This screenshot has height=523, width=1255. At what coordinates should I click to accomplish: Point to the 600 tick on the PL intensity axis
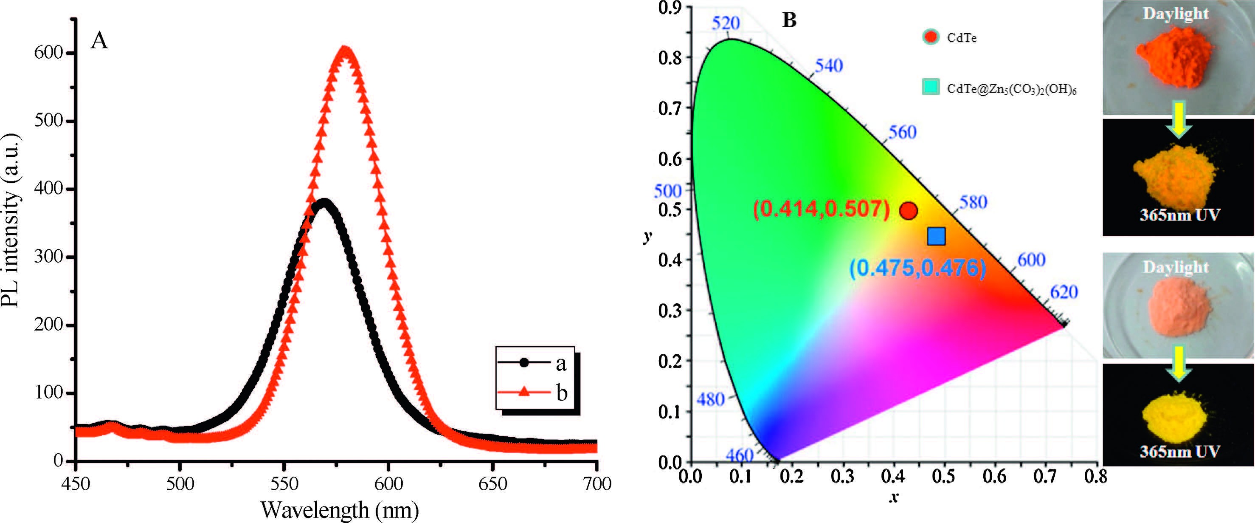49,53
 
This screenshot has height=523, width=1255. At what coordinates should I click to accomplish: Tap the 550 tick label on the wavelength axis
284,483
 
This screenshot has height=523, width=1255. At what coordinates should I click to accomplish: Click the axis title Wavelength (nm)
340,510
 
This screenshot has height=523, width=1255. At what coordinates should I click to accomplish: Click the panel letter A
99,40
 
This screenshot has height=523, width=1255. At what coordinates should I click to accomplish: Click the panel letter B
789,20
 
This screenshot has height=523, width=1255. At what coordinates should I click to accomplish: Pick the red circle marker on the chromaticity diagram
909,211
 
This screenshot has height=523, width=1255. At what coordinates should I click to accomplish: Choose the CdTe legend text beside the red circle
961,38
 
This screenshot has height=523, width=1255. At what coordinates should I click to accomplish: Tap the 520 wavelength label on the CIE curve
726,23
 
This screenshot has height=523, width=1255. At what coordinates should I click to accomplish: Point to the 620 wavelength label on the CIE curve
1063,291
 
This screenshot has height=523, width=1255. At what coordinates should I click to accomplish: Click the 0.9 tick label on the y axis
670,8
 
